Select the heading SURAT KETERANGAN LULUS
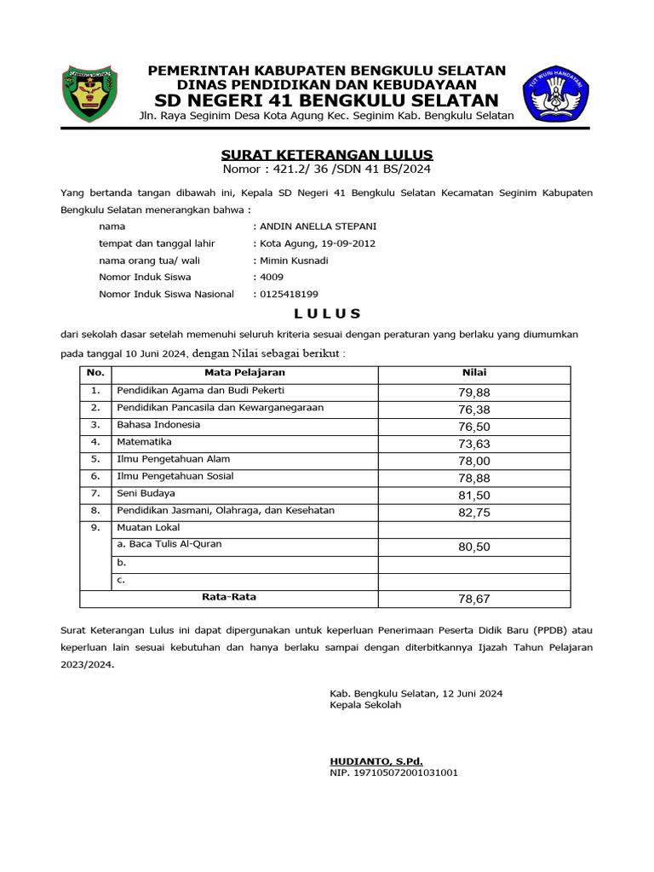[x=327, y=154]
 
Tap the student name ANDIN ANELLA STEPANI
[x=317, y=227]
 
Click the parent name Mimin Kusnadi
[x=294, y=261]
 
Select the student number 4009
[x=272, y=278]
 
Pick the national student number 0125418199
[x=289, y=295]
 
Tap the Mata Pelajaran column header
[x=244, y=373]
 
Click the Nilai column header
[x=474, y=373]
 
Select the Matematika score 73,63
[x=474, y=444]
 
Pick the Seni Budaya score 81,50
[x=474, y=495]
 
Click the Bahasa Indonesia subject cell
[x=158, y=425]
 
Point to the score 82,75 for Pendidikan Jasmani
[x=474, y=513]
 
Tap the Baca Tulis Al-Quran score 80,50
[x=474, y=547]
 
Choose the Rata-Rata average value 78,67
[x=474, y=599]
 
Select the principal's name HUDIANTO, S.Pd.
[x=376, y=760]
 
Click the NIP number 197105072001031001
[x=394, y=773]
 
